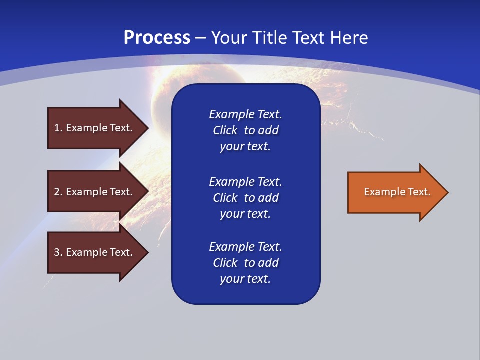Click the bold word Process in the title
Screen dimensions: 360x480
click(x=157, y=38)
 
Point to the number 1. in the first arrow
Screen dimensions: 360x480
click(x=58, y=128)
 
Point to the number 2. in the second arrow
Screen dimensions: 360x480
click(x=58, y=192)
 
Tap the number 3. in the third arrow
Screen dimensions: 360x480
click(x=58, y=252)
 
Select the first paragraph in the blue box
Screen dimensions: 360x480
click(x=245, y=130)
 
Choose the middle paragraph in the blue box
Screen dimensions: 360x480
click(x=245, y=197)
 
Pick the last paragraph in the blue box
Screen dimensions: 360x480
click(x=245, y=263)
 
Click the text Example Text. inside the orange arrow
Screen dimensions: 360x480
click(x=397, y=192)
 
